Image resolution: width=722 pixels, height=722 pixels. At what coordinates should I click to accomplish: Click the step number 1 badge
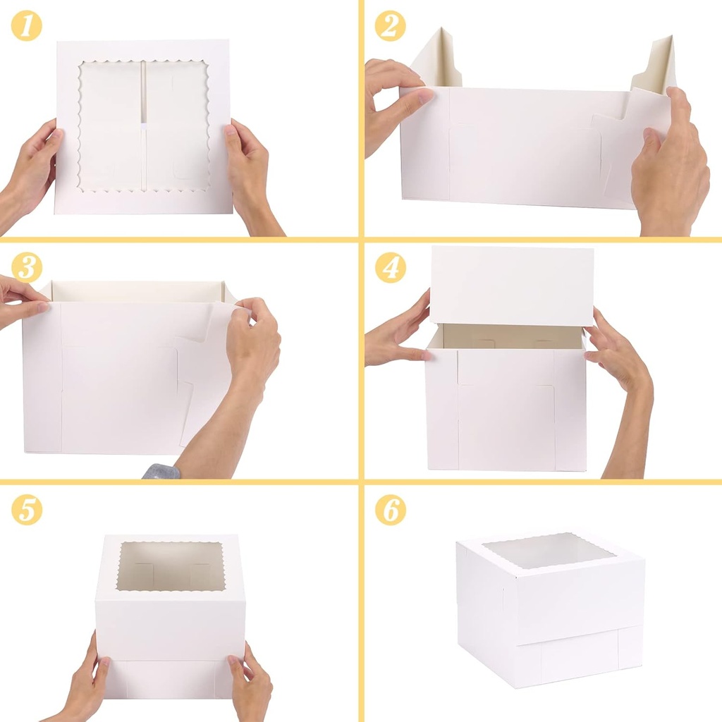(27, 27)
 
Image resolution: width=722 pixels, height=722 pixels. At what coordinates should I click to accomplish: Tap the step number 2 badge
(390, 27)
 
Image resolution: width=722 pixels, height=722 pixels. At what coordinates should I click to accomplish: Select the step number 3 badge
(27, 268)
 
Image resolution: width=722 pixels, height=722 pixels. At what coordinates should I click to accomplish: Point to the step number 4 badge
(390, 268)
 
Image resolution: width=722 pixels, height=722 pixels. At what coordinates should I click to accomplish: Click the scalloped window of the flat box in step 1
(145, 126)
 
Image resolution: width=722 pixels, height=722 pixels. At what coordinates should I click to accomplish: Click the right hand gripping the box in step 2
(670, 166)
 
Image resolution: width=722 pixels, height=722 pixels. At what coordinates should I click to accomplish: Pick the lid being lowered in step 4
(511, 285)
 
